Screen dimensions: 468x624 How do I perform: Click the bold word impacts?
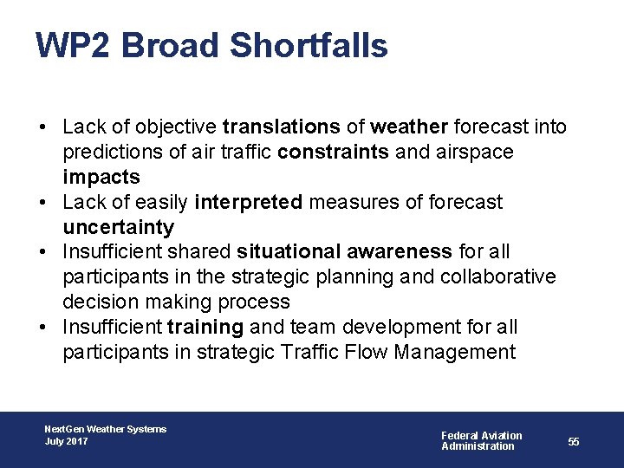(101, 178)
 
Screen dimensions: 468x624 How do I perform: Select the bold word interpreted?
(249, 203)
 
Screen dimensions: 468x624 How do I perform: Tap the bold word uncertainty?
(118, 228)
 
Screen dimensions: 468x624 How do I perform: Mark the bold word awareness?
(400, 252)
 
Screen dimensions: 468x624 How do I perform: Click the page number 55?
(574, 441)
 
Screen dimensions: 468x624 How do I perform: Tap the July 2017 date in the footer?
(66, 442)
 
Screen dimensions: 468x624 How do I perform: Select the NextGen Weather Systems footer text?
(105, 429)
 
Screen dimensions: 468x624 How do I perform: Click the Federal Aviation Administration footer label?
(481, 440)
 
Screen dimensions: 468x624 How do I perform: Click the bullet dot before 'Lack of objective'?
(42, 127)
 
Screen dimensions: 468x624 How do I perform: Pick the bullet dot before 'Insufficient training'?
(42, 328)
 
